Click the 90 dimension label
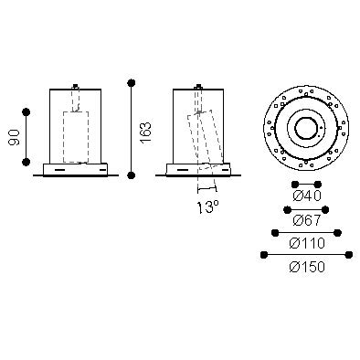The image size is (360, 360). pos(15,137)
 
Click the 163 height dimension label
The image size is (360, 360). pos(145,132)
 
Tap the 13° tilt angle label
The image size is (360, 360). pos(208,207)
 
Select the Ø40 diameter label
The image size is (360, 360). pos(307,196)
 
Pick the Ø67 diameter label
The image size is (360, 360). pos(307,220)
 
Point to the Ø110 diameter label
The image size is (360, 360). pos(307,243)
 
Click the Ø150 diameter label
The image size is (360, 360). pos(307,267)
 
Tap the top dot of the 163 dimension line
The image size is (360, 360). pos(132,82)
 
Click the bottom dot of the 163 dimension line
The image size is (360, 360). pos(132,175)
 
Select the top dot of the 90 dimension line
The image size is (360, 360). pos(26,112)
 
